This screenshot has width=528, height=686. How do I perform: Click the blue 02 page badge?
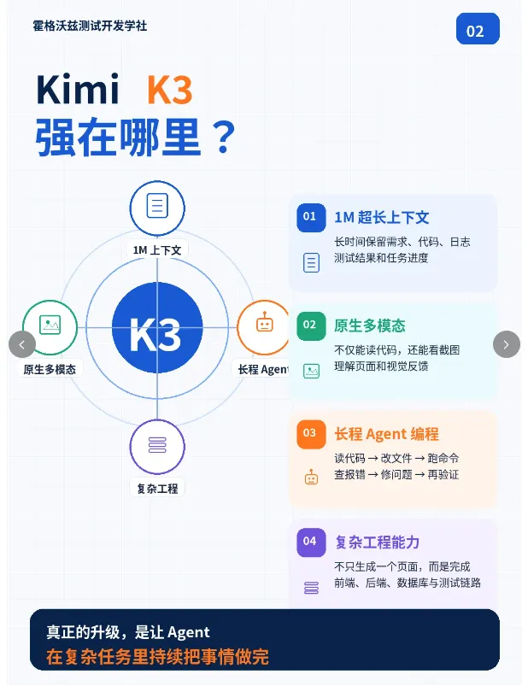(x=478, y=29)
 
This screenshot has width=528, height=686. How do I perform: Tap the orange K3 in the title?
(x=169, y=90)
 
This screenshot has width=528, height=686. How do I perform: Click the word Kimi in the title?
(x=78, y=89)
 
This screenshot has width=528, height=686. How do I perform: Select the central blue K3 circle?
(x=157, y=328)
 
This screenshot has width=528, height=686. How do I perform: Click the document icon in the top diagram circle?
(x=157, y=206)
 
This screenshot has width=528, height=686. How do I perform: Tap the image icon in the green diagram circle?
(x=50, y=325)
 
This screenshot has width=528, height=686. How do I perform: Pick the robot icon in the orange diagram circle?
(x=264, y=322)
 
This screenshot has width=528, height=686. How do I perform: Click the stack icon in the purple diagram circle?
(x=157, y=445)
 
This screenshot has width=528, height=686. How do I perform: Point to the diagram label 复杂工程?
(x=157, y=489)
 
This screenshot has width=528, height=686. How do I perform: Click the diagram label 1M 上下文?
(x=157, y=250)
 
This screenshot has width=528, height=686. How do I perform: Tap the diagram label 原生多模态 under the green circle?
(x=50, y=369)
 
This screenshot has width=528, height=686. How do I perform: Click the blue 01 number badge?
(x=311, y=218)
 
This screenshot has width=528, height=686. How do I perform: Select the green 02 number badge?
(x=311, y=326)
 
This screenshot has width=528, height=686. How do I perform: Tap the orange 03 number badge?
(x=311, y=434)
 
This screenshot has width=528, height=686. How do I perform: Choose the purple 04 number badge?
(x=311, y=542)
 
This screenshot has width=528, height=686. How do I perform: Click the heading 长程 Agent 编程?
(x=386, y=434)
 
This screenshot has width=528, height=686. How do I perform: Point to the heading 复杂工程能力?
(x=377, y=542)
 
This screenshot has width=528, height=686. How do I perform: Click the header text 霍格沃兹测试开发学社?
(x=90, y=26)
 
